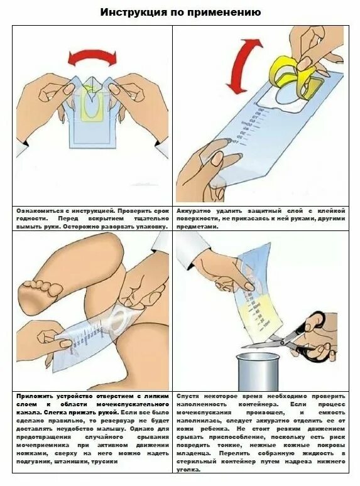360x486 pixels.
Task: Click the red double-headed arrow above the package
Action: [x=93, y=58]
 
